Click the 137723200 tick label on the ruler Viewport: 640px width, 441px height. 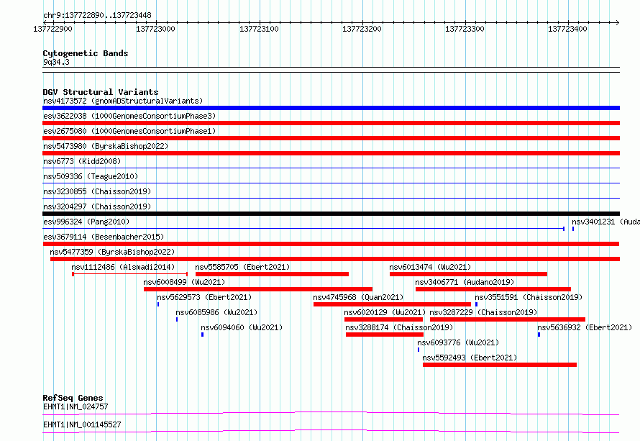pyautogui.click(x=362, y=29)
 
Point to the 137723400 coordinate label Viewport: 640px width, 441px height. pyautogui.click(x=567, y=29)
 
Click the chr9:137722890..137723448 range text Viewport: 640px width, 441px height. pyautogui.click(x=97, y=16)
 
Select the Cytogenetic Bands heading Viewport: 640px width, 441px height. pyautogui.click(x=86, y=53)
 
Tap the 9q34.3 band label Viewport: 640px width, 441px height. pyautogui.click(x=56, y=62)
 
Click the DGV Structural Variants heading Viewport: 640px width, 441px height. pyautogui.click(x=101, y=92)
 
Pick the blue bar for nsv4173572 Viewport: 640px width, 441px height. pyautogui.click(x=331, y=108)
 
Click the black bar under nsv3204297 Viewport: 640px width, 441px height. pyautogui.click(x=331, y=214)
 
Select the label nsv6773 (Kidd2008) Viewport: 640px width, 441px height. pyautogui.click(x=82, y=161)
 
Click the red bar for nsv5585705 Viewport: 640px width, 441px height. pyautogui.click(x=272, y=274)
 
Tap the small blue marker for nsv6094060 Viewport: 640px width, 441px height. pyautogui.click(x=203, y=335)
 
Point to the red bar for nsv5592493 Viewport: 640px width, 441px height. pyautogui.click(x=500, y=365)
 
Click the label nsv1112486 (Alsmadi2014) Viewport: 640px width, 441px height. pyautogui.click(x=123, y=267)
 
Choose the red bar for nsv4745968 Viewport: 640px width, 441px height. pyautogui.click(x=392, y=304)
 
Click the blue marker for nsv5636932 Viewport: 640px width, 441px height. pyautogui.click(x=539, y=335)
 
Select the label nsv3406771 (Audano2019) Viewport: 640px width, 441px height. pyautogui.click(x=465, y=282)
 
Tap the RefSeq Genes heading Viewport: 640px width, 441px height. pyautogui.click(x=73, y=398)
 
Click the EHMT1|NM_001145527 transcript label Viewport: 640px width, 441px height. pyautogui.click(x=82, y=424)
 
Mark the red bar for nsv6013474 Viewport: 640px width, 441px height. pyautogui.click(x=468, y=274)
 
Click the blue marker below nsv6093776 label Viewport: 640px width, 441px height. pyautogui.click(x=419, y=350)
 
